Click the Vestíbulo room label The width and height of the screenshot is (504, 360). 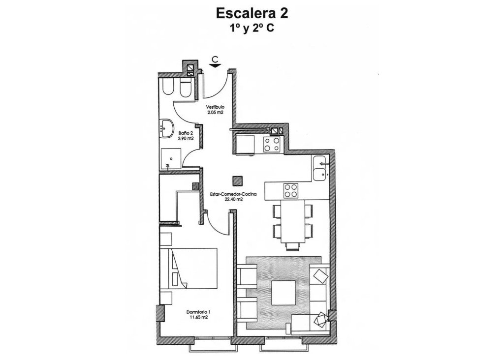pos(215,107)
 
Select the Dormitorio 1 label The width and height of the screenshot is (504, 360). pos(199,312)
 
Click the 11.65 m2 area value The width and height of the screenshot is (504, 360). pos(199,317)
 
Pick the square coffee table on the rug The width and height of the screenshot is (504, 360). pos(283,292)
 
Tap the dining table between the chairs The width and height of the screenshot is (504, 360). pos(293,221)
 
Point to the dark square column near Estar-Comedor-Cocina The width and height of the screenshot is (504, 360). pos(238,180)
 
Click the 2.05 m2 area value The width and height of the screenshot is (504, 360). pos(215,112)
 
